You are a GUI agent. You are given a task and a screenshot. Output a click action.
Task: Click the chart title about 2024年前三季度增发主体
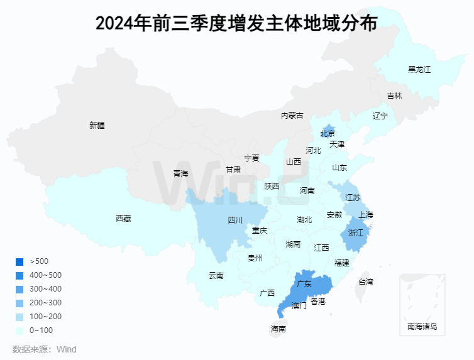[236, 23]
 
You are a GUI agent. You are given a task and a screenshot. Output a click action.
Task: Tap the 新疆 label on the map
[97, 125]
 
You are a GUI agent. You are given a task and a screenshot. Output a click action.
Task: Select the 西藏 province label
[123, 219]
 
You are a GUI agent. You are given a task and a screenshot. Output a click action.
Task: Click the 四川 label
[234, 221]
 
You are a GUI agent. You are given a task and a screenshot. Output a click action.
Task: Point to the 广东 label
[304, 284]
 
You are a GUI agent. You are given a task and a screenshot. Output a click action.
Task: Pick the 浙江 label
[355, 232]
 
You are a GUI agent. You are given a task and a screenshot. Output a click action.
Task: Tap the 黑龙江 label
[419, 69]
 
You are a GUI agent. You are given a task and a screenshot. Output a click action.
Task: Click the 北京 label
[328, 134]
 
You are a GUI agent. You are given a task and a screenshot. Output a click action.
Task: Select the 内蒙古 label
[292, 116]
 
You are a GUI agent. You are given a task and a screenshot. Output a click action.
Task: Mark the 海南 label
[278, 329]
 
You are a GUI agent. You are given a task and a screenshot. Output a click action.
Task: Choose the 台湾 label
[365, 282]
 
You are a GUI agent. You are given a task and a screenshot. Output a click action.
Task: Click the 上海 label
[365, 215]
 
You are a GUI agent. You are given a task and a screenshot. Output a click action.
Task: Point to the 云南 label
[216, 275]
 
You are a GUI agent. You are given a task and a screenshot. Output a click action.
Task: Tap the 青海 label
[180, 174]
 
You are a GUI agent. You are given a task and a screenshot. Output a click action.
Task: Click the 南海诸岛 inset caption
[422, 327]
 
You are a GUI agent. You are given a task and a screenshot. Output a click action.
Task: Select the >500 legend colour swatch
[19, 262]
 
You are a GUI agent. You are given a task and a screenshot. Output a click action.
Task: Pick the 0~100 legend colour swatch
[19, 330]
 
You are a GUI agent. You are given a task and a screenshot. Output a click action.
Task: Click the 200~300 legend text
[46, 303]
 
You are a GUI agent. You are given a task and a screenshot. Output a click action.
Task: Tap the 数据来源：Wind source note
[44, 349]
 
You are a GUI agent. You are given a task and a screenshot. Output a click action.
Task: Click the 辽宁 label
[380, 116]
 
